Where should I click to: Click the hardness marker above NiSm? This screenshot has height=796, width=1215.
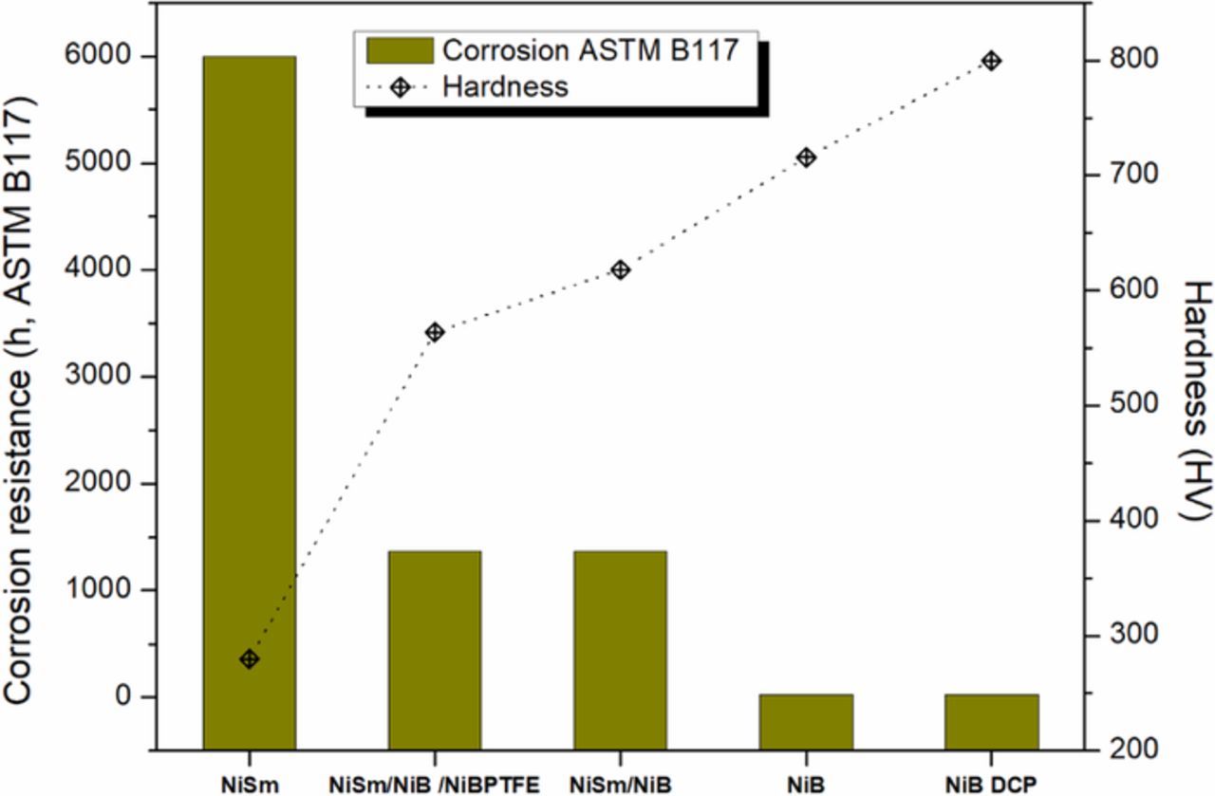250,659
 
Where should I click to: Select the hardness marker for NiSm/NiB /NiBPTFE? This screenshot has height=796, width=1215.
436,332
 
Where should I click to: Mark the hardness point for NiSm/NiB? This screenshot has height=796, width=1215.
621,270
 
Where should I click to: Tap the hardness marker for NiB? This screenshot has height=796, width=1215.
806,157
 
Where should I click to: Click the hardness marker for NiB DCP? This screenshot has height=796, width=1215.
992,62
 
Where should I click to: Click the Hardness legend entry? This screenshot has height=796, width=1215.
503,87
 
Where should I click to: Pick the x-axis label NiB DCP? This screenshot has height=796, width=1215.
991,785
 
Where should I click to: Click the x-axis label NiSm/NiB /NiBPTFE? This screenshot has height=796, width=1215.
434,785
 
